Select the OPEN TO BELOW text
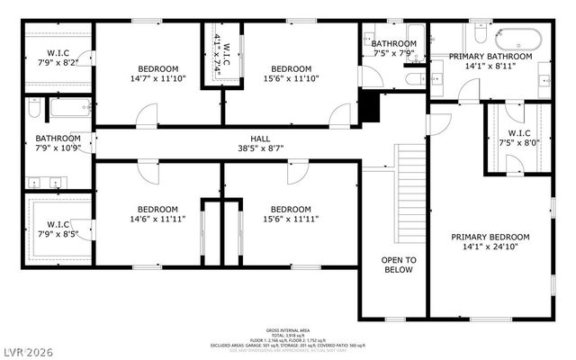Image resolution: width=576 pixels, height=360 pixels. (x=397, y=265)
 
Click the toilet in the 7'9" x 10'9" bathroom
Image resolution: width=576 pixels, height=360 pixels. (x=32, y=110)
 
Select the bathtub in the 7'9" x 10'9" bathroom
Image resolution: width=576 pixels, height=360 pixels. (x=65, y=110)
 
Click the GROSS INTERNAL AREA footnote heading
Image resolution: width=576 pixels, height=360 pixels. (x=287, y=330)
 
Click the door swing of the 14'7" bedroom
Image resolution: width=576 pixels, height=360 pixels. (x=147, y=115)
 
